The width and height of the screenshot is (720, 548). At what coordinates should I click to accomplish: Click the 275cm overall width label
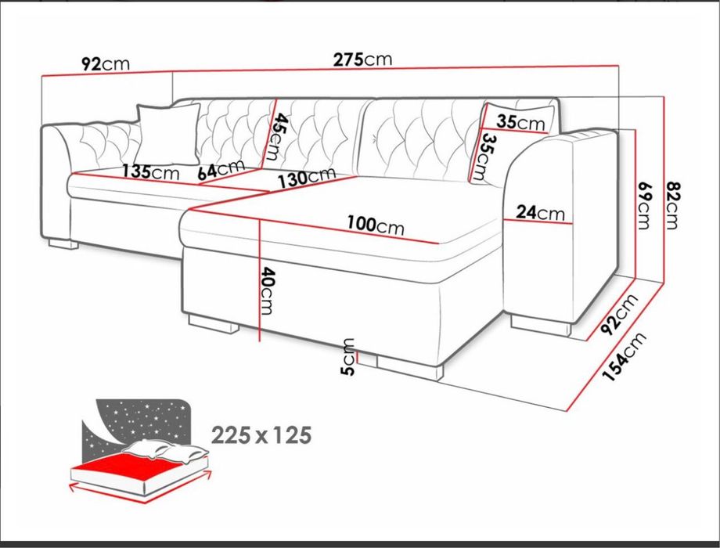[362, 60]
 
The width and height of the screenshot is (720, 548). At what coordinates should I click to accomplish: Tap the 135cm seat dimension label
[151, 171]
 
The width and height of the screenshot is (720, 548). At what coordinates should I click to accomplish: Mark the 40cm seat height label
[267, 291]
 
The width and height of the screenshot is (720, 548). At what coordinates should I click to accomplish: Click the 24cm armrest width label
[540, 212]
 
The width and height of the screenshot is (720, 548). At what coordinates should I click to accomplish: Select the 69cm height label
[644, 205]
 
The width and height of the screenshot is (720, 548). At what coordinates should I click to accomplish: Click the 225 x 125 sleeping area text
[261, 434]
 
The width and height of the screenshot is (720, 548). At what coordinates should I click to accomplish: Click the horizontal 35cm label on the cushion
[520, 122]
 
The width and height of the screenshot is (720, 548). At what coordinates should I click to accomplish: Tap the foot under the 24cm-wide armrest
[541, 325]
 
